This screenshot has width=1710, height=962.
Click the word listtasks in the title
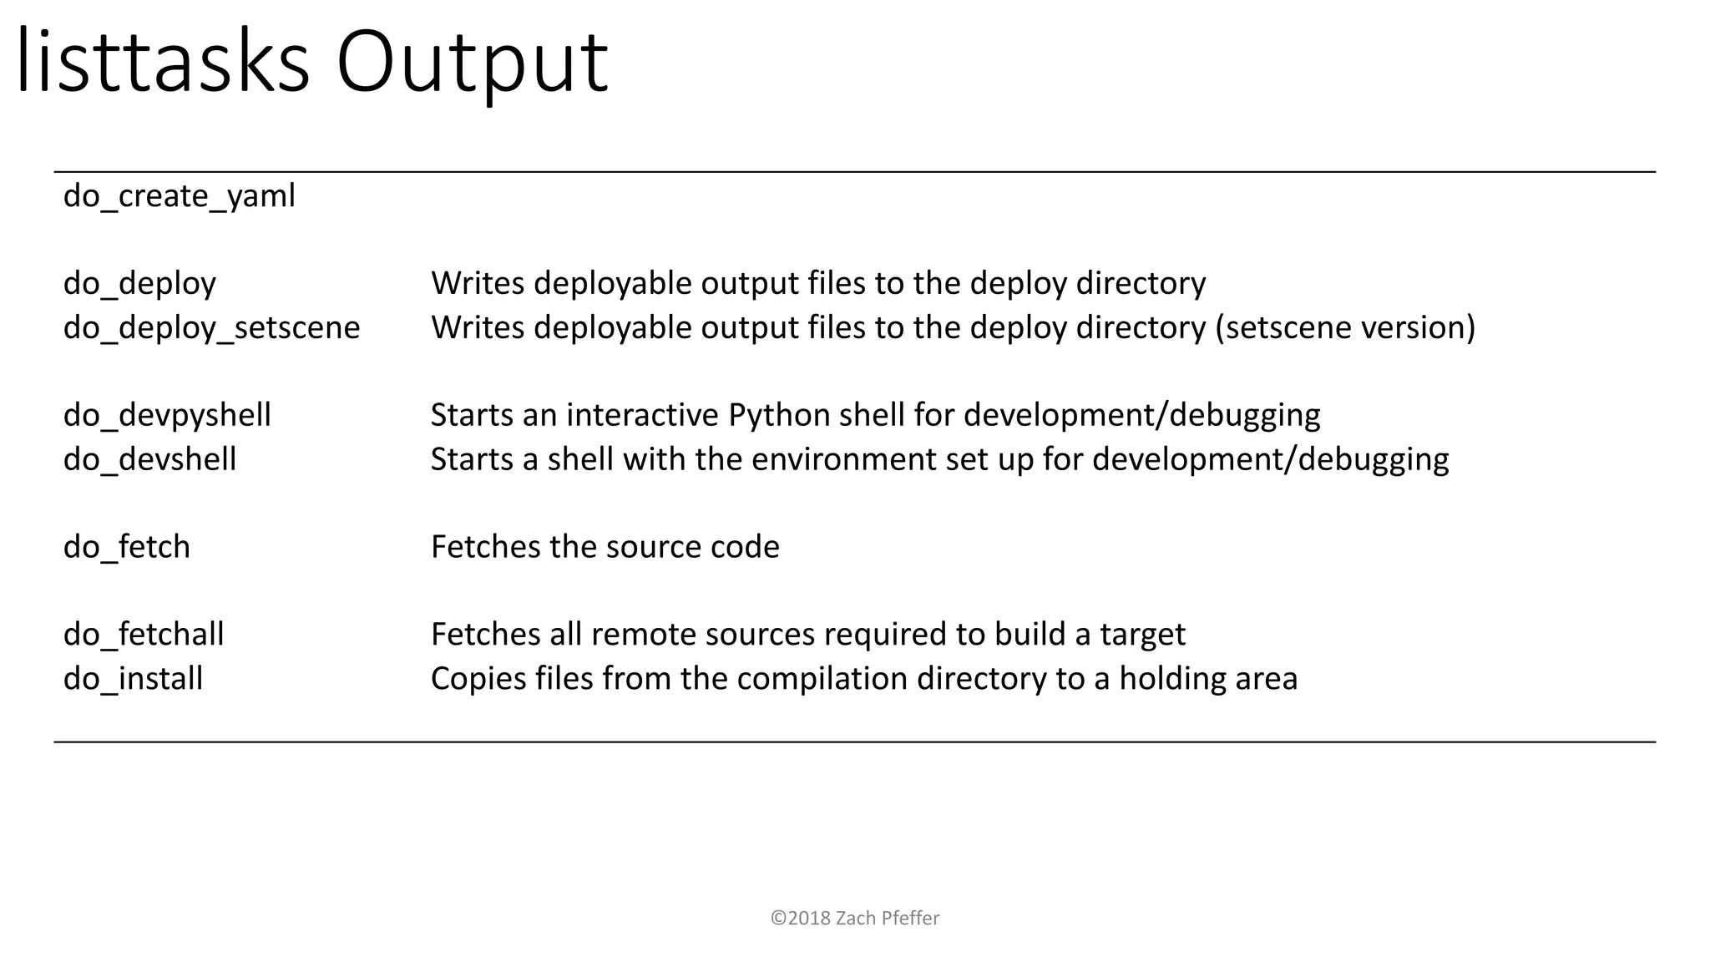[x=163, y=63]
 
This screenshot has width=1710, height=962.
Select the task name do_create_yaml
[x=180, y=197]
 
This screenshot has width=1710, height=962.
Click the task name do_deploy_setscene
[x=211, y=327]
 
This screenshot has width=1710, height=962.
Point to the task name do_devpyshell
[x=167, y=415]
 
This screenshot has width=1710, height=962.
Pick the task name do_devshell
[x=149, y=459]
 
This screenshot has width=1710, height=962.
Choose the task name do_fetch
[x=127, y=547]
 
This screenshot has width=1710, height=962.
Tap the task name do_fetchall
[x=144, y=635]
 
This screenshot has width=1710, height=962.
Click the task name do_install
[x=133, y=679]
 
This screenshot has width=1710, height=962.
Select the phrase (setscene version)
[x=1345, y=327]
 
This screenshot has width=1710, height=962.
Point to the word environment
[x=844, y=459]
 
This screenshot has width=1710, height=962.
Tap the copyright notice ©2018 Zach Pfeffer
[x=855, y=919]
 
